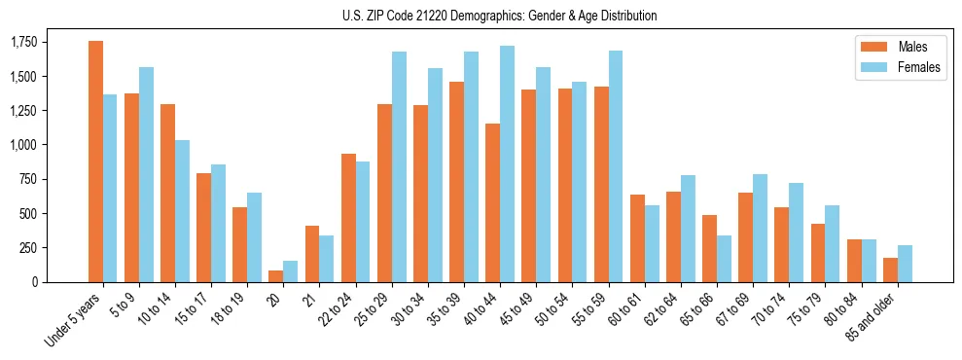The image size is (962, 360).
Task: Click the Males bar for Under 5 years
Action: point(95,162)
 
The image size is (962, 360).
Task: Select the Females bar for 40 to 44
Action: point(508,163)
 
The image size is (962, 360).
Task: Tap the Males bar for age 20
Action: point(276,276)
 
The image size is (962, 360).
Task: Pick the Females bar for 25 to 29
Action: point(399,166)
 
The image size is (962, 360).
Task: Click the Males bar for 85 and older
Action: point(890,270)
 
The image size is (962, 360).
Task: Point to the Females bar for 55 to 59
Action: point(616,166)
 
